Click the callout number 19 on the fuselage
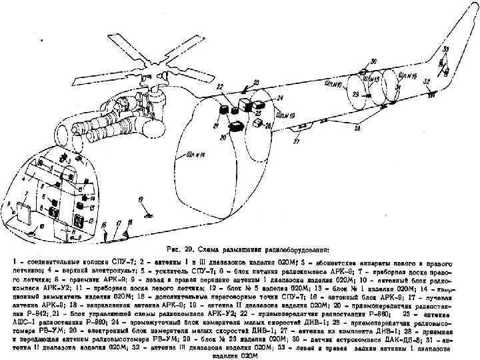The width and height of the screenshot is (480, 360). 139,199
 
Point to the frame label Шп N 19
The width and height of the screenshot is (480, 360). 286,115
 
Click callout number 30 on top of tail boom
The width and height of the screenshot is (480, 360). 373,60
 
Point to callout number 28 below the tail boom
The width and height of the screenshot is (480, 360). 358,127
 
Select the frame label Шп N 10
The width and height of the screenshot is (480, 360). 334,85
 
